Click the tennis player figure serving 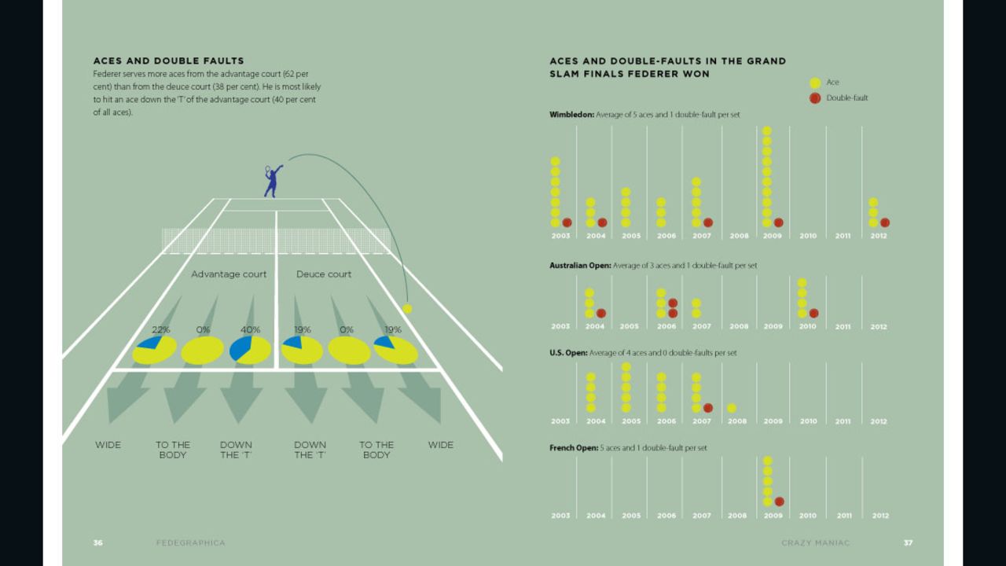pos(272,182)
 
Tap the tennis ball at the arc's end pos(406,308)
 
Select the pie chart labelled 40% pos(250,349)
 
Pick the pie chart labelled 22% pos(154,349)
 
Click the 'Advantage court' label pos(229,274)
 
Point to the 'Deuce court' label pos(324,274)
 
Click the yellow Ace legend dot pos(815,83)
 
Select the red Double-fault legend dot pos(815,98)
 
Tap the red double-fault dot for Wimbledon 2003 pos(567,222)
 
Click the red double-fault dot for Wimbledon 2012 pos(885,222)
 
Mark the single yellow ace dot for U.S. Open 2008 pos(732,408)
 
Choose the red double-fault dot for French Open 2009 pos(779,502)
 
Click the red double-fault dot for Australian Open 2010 pos(813,313)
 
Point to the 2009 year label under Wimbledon pos(773,236)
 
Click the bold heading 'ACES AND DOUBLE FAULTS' pos(168,61)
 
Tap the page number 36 pos(98,542)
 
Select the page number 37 pos(908,542)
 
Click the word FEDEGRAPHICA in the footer pos(190,542)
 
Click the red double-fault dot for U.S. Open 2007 pos(708,408)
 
